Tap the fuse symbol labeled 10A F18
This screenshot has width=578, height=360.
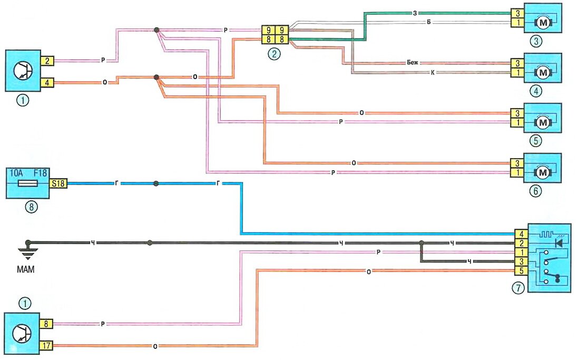pos(27,184)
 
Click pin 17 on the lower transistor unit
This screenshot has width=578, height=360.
pos(47,346)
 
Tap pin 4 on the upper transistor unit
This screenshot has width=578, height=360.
pos(47,82)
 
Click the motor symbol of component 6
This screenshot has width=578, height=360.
pos(542,172)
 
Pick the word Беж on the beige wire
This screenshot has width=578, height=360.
pos(412,62)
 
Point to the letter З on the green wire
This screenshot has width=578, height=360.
pos(416,13)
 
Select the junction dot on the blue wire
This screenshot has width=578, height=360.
pos(155,184)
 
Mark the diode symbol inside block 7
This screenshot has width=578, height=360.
pos(559,243)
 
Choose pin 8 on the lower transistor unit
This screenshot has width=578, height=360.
pos(47,325)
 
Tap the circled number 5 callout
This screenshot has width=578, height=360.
pos(535,141)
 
